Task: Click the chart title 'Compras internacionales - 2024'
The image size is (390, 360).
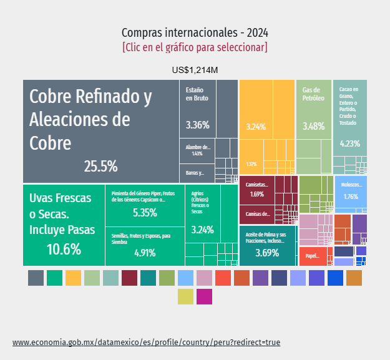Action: [x=195, y=32]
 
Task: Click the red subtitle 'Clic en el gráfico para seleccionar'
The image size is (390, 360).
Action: [x=195, y=47]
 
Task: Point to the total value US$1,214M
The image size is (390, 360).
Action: [x=195, y=69]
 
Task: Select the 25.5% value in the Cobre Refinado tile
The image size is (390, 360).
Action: [x=100, y=166]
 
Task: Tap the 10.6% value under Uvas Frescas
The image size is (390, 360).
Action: [x=64, y=250]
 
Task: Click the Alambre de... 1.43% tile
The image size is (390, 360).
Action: [x=197, y=150]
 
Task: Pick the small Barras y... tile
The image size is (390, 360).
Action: [x=196, y=173]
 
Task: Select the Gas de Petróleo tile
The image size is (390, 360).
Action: [x=313, y=112]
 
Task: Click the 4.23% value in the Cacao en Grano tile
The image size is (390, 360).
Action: [x=349, y=144]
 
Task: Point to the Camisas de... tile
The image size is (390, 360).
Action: [x=257, y=214]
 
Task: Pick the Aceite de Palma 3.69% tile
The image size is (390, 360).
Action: [x=267, y=246]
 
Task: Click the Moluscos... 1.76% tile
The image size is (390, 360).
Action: [x=351, y=191]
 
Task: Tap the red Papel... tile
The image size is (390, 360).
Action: [x=313, y=256]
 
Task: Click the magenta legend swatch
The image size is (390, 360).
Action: [x=204, y=296]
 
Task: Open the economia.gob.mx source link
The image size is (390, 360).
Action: [x=147, y=343]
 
